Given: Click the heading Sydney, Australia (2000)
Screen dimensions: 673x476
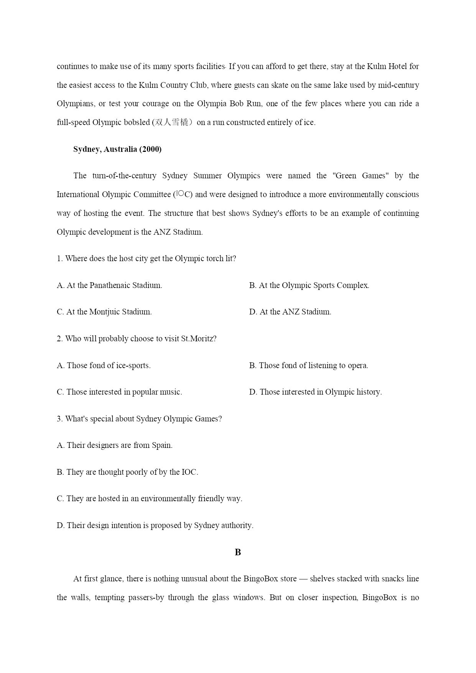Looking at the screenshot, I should [117, 149].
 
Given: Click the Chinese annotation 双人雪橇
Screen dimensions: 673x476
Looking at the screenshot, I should [172, 122].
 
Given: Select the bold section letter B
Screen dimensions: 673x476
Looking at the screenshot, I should [238, 552].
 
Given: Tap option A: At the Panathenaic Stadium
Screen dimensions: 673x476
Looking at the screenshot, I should [109, 285].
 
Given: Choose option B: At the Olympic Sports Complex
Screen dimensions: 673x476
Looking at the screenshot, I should [309, 285].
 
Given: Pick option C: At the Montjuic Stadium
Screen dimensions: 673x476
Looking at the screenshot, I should [104, 312].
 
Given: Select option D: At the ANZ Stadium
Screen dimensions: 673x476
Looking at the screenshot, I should [290, 312].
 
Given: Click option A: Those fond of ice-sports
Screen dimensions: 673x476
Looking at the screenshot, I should [104, 365].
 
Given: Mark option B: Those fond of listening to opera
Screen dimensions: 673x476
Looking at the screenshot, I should [308, 365].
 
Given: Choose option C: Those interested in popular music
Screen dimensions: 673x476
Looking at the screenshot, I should [119, 392].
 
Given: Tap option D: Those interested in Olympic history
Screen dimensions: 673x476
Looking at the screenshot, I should [315, 392].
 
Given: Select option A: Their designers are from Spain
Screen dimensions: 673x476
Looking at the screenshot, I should [115, 445].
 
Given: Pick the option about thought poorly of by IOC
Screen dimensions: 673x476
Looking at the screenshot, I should [127, 472].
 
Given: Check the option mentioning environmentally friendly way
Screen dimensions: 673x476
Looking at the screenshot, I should [150, 499].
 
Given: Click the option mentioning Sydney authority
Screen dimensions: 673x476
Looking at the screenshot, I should [155, 525].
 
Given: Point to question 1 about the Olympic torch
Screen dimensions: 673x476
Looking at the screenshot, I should [146, 258].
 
